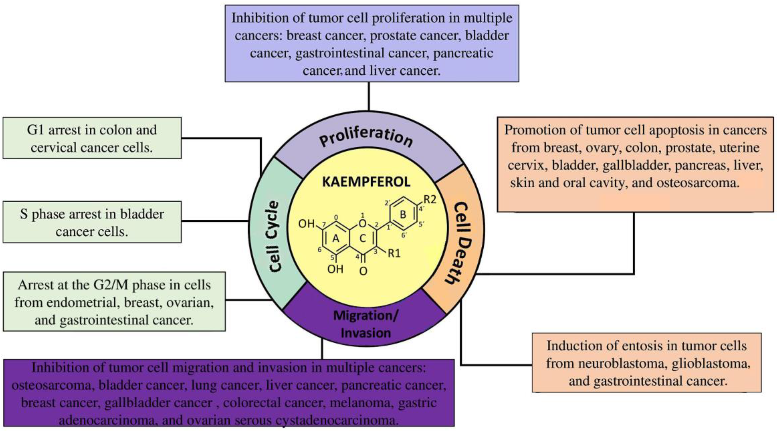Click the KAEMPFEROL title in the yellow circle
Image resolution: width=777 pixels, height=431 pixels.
tap(366, 182)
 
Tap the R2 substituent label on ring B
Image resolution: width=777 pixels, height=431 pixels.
tap(430, 199)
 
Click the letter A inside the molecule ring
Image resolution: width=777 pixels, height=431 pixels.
tap(336, 239)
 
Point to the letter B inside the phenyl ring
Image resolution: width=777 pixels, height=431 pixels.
tap(403, 214)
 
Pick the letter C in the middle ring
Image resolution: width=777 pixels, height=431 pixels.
tap(363, 239)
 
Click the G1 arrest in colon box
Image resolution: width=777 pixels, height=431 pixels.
tap(92, 138)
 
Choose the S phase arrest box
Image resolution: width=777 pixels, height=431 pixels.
tap(92, 222)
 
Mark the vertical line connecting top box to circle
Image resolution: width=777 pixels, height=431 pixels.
tap(369, 96)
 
